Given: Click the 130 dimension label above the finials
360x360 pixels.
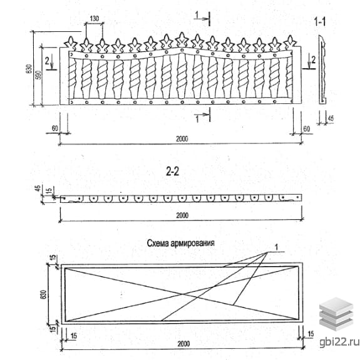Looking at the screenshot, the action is click(95, 18).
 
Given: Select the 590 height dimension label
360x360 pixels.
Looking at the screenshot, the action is click(39, 75).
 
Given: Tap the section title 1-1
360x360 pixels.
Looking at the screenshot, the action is click(320, 22).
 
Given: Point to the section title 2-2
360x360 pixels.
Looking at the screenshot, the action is click(172, 172).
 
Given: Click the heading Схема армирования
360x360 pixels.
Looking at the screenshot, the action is click(181, 243).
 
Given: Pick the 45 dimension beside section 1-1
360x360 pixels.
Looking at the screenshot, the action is click(331, 118).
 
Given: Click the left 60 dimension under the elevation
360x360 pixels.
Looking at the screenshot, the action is click(55, 128).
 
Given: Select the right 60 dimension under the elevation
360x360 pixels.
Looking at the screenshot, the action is click(307, 129).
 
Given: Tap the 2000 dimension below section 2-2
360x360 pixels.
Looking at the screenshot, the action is click(182, 215).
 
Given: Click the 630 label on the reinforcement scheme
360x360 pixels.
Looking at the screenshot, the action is click(43, 294).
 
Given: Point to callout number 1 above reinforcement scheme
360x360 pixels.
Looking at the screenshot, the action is click(277, 247).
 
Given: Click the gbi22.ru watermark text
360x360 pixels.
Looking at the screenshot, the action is click(339, 342).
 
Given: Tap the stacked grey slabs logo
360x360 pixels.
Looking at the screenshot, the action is click(336, 314).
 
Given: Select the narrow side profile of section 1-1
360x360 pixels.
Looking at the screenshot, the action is click(322, 69).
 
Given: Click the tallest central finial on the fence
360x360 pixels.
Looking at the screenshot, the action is click(182, 40).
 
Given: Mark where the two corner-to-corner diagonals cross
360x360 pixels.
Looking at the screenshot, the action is click(182, 294).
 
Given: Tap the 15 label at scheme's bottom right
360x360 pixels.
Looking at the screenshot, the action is click(311, 334).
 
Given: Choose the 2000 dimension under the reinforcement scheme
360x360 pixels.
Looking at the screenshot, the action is click(183, 344).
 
